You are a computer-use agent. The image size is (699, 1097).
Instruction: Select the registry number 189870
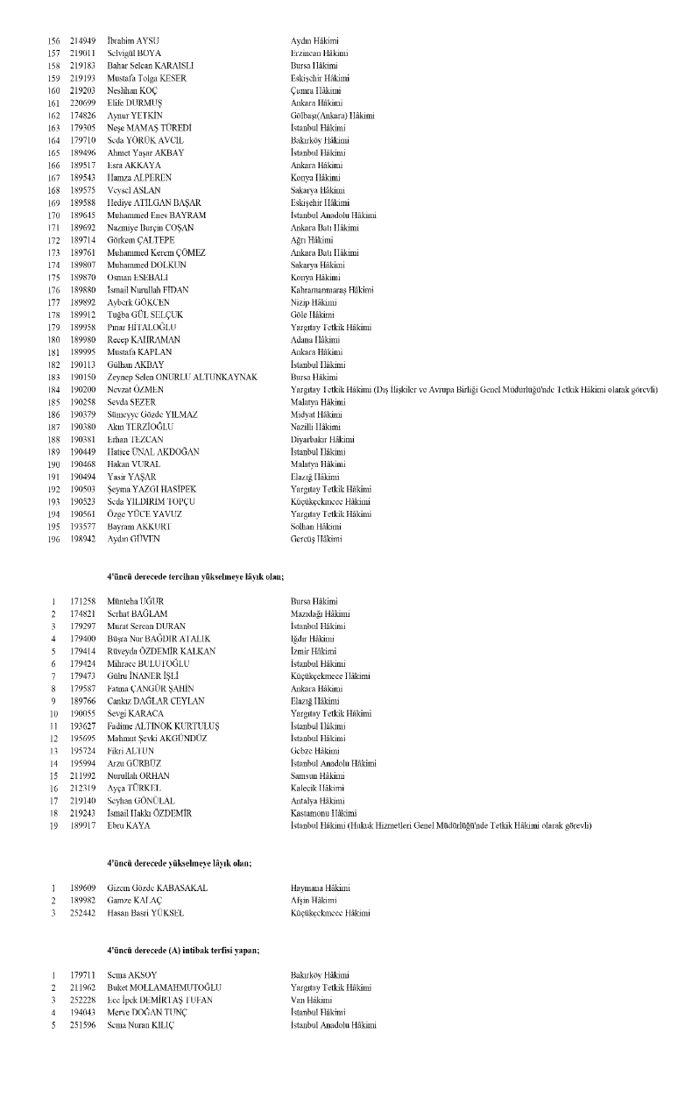82,277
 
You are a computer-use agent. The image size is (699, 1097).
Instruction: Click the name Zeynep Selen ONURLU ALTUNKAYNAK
181,376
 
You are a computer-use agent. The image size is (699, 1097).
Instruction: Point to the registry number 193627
82,726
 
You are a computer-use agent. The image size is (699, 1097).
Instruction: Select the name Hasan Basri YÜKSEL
150,913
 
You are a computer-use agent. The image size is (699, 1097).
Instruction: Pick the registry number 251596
82,1025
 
